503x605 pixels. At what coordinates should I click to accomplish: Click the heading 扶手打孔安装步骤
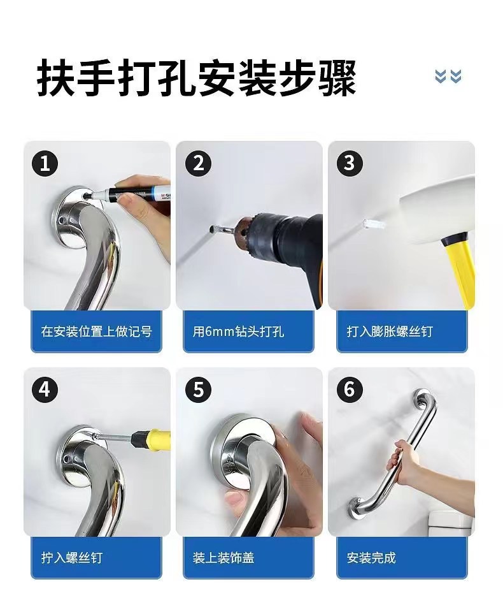click(196, 77)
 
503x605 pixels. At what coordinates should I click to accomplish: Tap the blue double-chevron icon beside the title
click(448, 76)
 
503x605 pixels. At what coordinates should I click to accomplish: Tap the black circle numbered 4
click(45, 390)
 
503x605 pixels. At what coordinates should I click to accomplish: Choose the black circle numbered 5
click(198, 390)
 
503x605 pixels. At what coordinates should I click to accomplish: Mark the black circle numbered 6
click(350, 390)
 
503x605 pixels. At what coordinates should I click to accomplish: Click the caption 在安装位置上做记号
click(96, 332)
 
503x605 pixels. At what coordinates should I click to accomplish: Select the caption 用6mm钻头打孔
click(238, 332)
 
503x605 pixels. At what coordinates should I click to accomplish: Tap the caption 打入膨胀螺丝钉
click(390, 332)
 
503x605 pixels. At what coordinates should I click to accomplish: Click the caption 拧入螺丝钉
click(72, 558)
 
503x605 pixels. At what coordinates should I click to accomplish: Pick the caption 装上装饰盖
click(223, 558)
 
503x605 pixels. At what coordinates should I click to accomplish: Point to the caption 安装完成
click(371, 558)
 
